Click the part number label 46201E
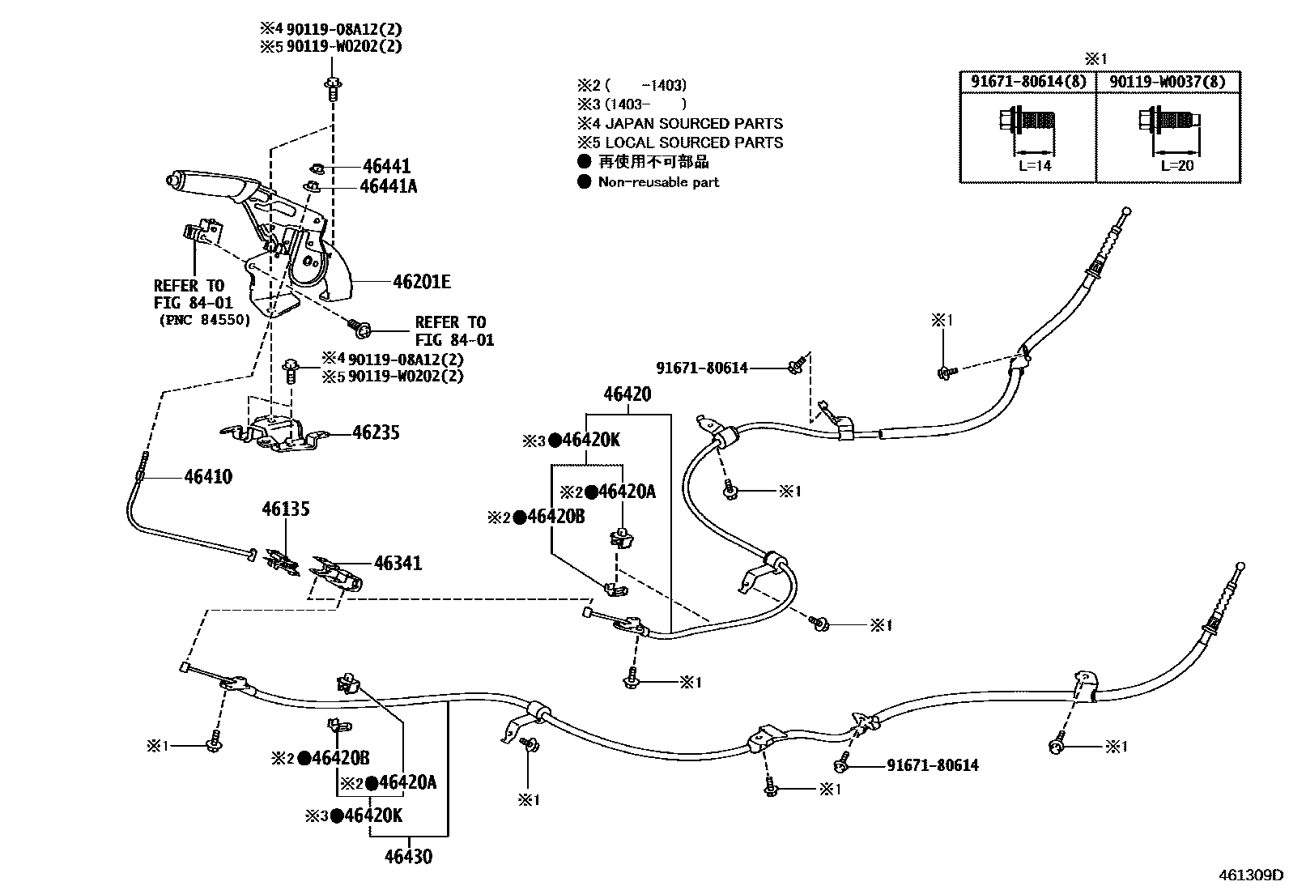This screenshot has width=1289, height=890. pos(421,282)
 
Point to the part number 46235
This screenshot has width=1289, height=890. pos(376,432)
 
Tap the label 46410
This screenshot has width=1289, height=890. pos(208,477)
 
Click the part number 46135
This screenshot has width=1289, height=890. pos(285,509)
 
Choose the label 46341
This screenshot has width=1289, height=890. pos(398,563)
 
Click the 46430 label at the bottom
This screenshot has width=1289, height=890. pos(408,856)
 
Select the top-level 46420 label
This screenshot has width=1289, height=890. pos(627,394)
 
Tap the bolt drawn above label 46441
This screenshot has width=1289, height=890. pos(333,86)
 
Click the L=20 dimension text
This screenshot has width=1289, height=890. pos(1177,165)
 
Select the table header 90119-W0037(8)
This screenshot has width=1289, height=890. pos(1167,81)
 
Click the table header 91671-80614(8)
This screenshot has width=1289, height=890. pos(1027,81)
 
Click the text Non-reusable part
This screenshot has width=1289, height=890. pos(657,182)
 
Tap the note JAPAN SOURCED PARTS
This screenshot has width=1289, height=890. pos(693,124)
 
